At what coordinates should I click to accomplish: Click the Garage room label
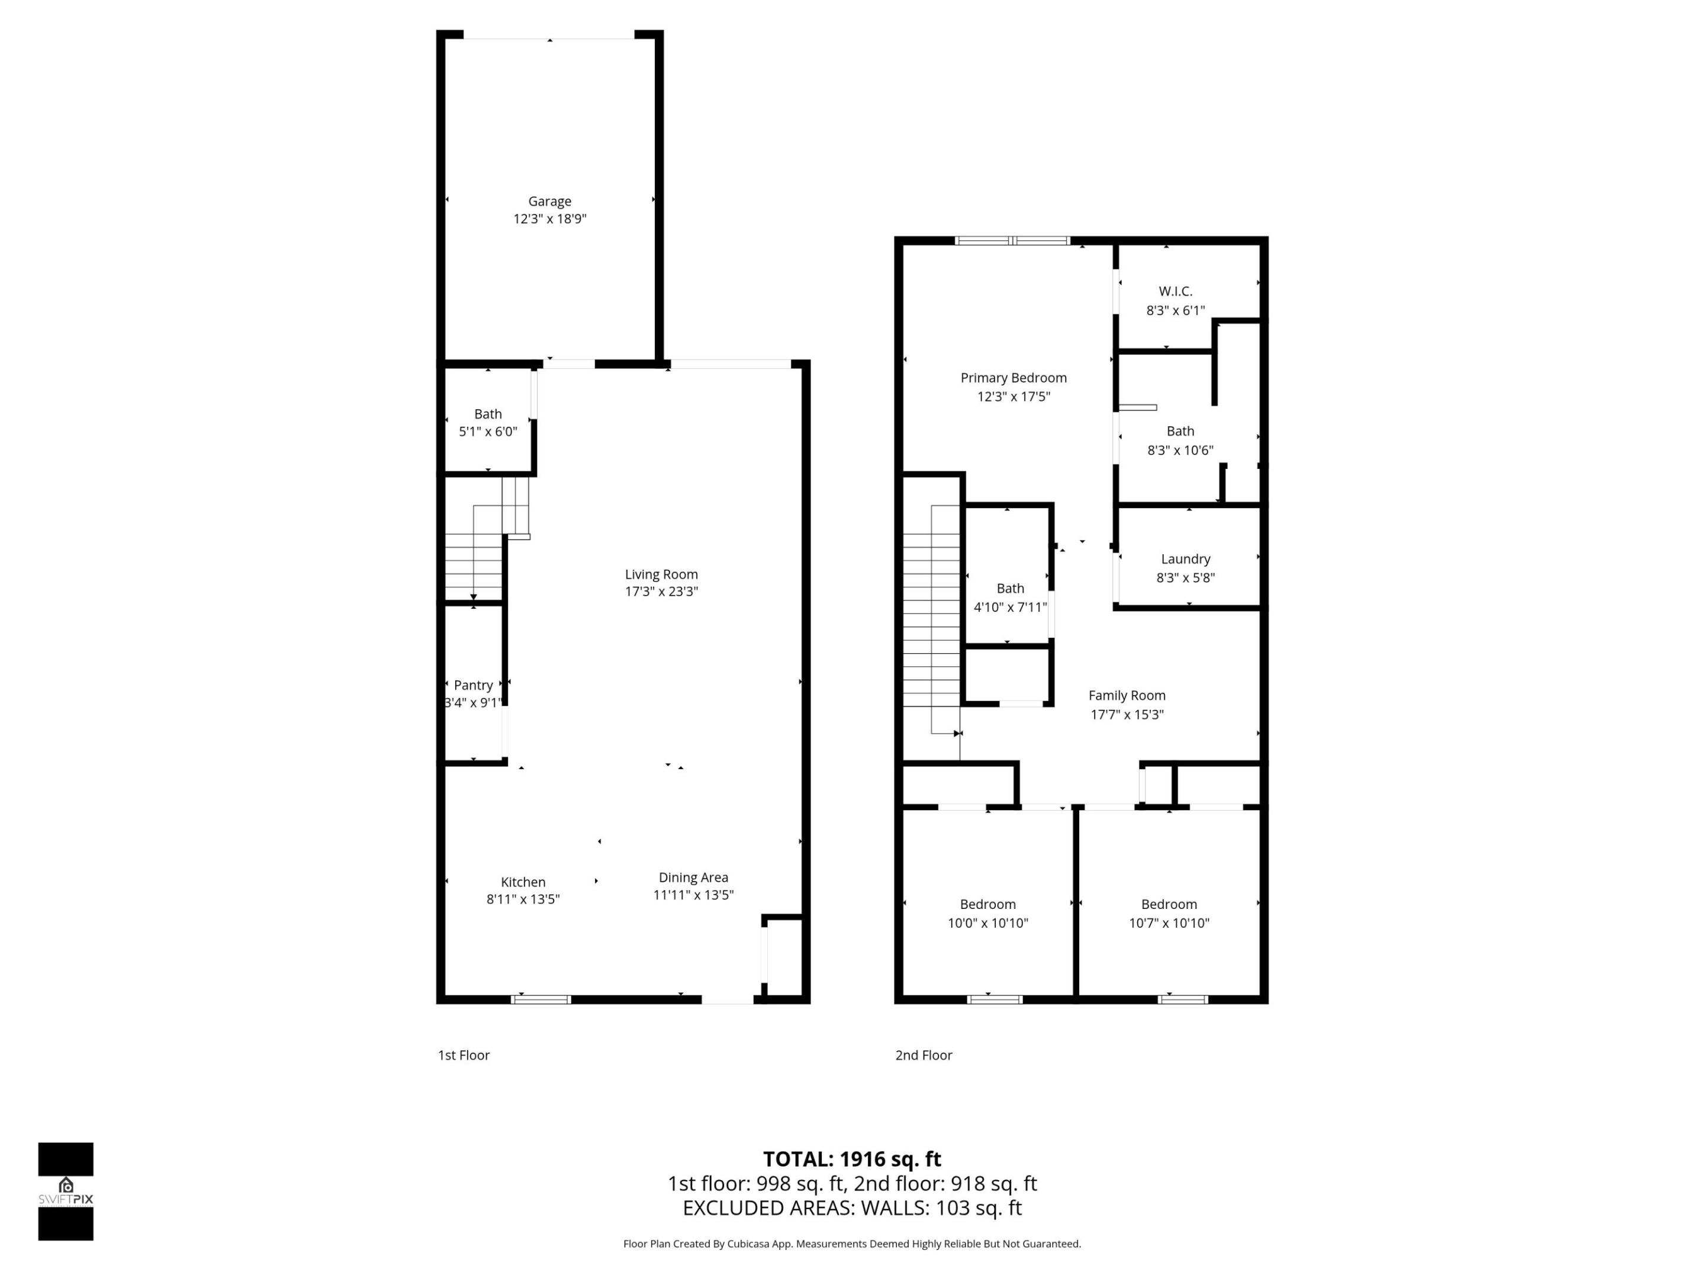click(x=549, y=201)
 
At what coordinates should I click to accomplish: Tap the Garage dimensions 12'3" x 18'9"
click(x=549, y=219)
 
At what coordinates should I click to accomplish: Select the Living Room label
click(x=661, y=574)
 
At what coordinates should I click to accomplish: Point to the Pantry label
click(x=473, y=685)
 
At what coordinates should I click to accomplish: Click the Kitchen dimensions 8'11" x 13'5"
click(x=523, y=899)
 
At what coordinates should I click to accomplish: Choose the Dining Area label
click(x=693, y=878)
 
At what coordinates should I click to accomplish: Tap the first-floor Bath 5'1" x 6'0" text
click(x=488, y=432)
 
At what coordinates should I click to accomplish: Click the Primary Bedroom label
click(x=1014, y=378)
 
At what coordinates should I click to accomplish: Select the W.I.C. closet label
click(x=1176, y=291)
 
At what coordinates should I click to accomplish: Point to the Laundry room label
click(x=1185, y=559)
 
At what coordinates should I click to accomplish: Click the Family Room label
click(x=1127, y=695)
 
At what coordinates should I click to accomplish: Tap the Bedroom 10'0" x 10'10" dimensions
click(x=987, y=923)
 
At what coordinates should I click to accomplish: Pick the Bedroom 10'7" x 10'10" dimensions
click(x=1169, y=923)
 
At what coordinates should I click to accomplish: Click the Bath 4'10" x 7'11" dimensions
click(x=1010, y=608)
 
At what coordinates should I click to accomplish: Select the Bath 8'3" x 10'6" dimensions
click(x=1180, y=450)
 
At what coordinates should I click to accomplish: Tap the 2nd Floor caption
click(x=924, y=1055)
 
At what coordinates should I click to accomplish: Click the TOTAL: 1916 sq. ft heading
click(x=852, y=1159)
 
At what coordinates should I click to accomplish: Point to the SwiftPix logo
click(x=66, y=1192)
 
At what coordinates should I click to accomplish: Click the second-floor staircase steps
click(x=931, y=617)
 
